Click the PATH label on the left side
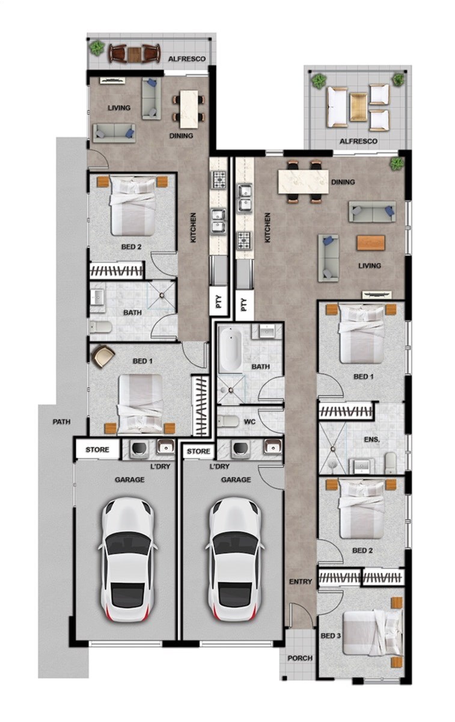coord(61,422)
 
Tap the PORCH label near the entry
coord(300,658)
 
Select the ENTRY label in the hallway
coord(301,581)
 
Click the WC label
coord(250,422)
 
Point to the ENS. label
coord(372,439)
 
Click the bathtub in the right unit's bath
coord(230,349)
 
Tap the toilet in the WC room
coord(228,421)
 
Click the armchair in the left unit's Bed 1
coord(103,356)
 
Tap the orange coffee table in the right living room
coord(371,242)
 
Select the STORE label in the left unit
coord(97,449)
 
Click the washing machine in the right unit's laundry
coord(241,448)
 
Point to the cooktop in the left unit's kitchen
coord(219,179)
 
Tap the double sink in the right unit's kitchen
coord(244,199)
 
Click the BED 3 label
coord(331,636)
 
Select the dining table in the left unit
coord(189,109)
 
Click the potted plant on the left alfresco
coord(97,48)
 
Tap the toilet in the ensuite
coord(391,463)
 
